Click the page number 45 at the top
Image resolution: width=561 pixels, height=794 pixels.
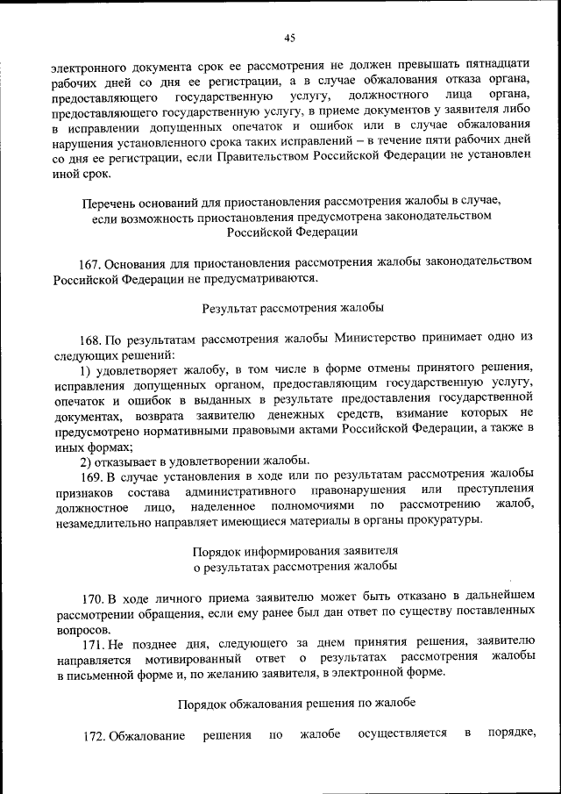(290, 37)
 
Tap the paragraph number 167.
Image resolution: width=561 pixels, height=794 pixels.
(92, 262)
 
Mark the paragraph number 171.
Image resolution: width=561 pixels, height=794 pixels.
(92, 642)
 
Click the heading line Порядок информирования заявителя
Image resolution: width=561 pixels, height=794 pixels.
(294, 551)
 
